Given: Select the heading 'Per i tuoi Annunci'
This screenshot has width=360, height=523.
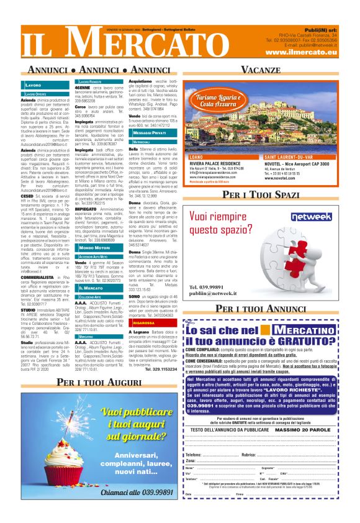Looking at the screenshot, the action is [261, 308].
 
